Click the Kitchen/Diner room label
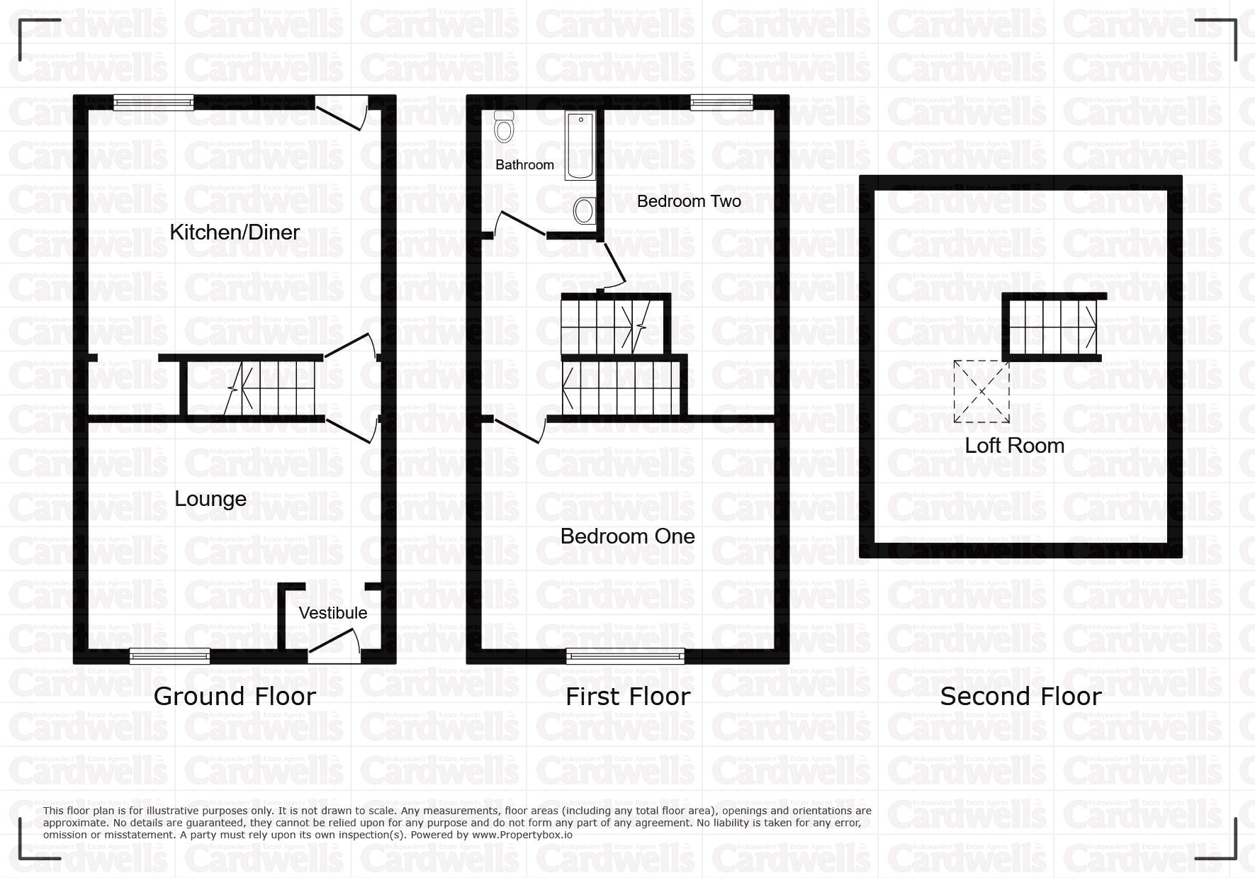coord(235,232)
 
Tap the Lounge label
coord(210,499)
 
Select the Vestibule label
coord(333,613)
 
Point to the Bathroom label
coord(524,165)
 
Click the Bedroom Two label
coord(689,201)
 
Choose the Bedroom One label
coord(627,536)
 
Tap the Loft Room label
coord(1015,446)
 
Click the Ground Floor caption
coord(235,697)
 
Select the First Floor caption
coord(628,697)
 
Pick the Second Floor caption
coord(1020,697)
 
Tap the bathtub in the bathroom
coord(580,145)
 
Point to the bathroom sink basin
coord(584,210)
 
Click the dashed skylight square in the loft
coord(981,392)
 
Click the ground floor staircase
coord(251,388)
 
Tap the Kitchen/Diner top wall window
coord(153,103)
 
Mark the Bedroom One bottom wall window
coord(626,656)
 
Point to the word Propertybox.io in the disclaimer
coord(522,835)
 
